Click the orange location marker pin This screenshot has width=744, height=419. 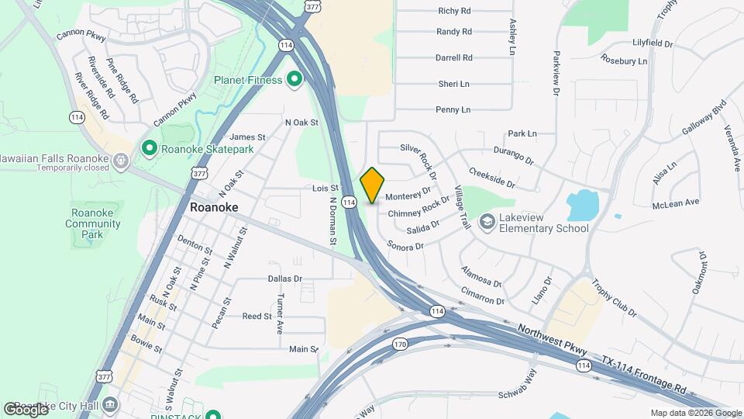click(x=372, y=185)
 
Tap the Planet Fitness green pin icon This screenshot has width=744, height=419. click(x=294, y=79)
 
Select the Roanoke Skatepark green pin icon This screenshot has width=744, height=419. click(x=149, y=147)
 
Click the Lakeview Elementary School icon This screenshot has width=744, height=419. click(x=487, y=223)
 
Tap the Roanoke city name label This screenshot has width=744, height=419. click(x=214, y=208)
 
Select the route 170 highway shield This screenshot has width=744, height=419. click(x=400, y=344)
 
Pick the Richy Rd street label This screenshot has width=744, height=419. click(x=454, y=11)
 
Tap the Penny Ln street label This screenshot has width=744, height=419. click(x=453, y=110)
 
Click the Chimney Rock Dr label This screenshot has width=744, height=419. click(x=418, y=207)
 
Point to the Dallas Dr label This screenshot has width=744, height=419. click(x=284, y=279)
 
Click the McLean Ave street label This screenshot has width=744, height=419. click(x=676, y=202)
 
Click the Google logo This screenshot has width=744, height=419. click(x=26, y=409)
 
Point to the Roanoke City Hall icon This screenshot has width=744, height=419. click(x=111, y=404)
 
